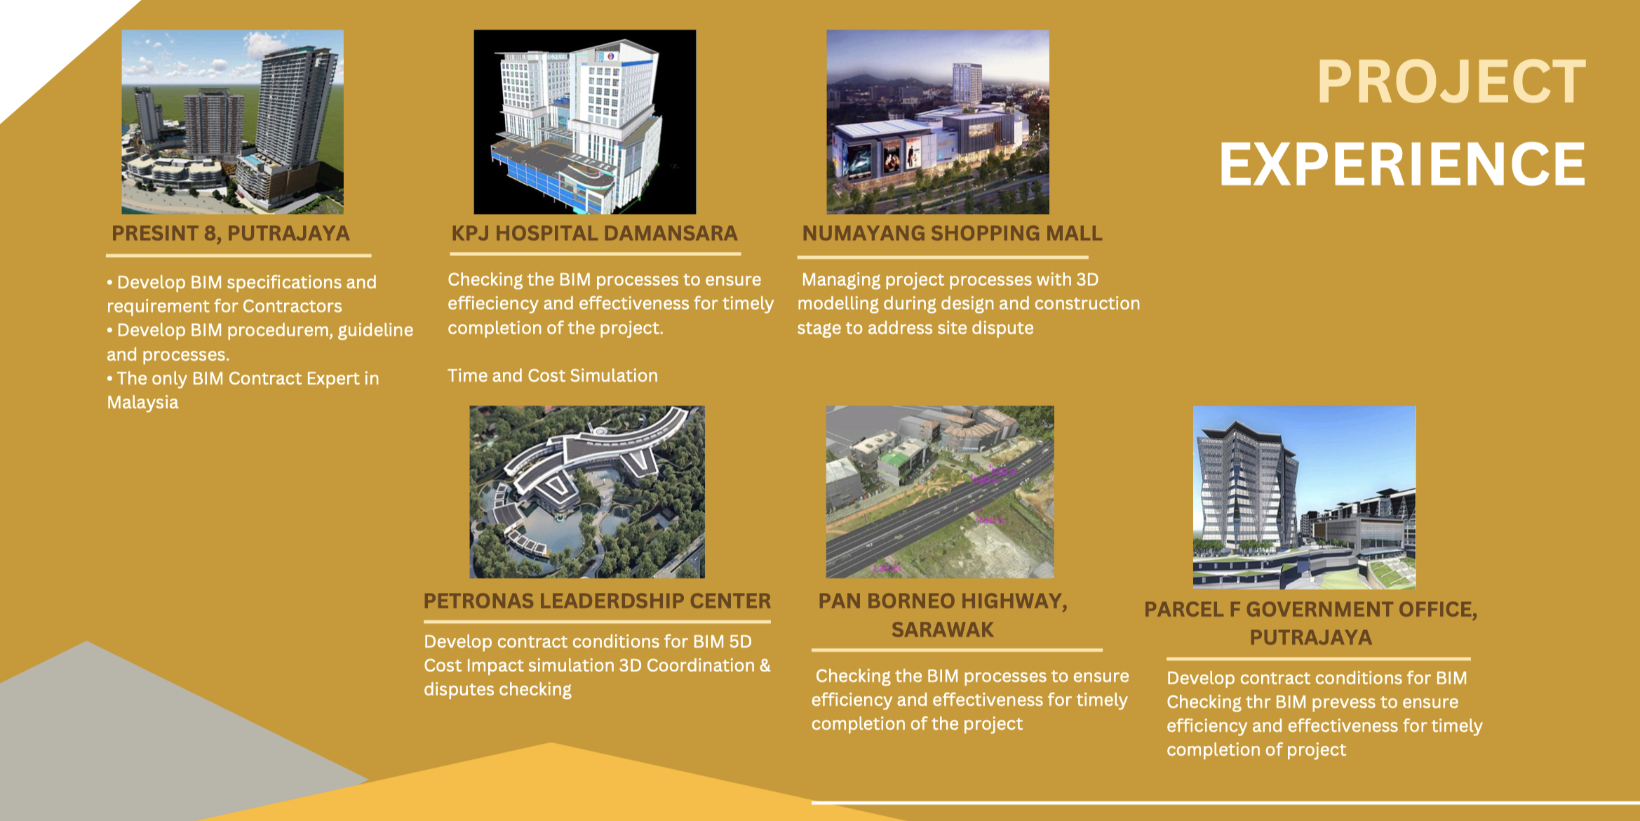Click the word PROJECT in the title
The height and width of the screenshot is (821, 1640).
[1451, 82]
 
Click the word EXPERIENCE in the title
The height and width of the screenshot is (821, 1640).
[1402, 164]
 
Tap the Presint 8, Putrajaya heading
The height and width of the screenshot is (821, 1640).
[231, 234]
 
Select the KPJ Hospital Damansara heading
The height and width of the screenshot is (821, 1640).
[594, 234]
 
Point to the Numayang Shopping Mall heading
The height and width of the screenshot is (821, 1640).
[952, 234]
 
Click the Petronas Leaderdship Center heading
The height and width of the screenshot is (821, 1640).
[597, 601]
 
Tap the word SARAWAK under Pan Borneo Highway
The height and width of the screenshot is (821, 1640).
[943, 630]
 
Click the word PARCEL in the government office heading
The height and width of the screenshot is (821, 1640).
[1183, 610]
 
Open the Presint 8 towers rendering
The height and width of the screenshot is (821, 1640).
[233, 121]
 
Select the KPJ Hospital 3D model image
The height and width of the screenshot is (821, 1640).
[585, 121]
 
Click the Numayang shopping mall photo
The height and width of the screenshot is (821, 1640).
[938, 121]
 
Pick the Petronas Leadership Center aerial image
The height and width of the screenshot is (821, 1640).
[587, 492]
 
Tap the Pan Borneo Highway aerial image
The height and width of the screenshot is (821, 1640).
[940, 492]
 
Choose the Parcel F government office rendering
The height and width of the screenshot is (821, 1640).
[1305, 497]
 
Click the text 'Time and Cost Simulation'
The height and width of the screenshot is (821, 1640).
[553, 376]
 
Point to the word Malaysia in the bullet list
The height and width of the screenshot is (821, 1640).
[142, 403]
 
